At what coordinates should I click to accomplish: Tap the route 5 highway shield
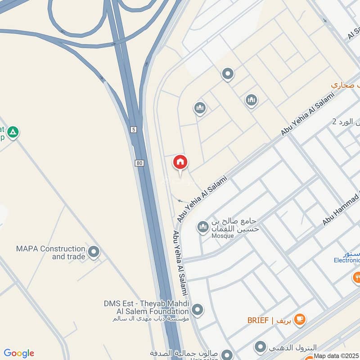134,130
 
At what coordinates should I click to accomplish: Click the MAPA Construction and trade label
50,252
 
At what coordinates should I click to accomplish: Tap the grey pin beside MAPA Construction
94,252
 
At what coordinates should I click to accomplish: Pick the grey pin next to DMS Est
197,310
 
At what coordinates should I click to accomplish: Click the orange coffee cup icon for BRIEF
299,319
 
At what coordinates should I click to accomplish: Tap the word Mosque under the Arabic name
222,236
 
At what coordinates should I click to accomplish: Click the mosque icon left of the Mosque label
202,227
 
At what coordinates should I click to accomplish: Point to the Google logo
19,353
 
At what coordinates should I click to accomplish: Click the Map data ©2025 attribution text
336,356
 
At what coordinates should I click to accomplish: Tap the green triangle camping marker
13,132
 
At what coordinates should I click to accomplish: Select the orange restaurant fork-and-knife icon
356,277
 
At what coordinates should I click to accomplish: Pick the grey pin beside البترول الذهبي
260,347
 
